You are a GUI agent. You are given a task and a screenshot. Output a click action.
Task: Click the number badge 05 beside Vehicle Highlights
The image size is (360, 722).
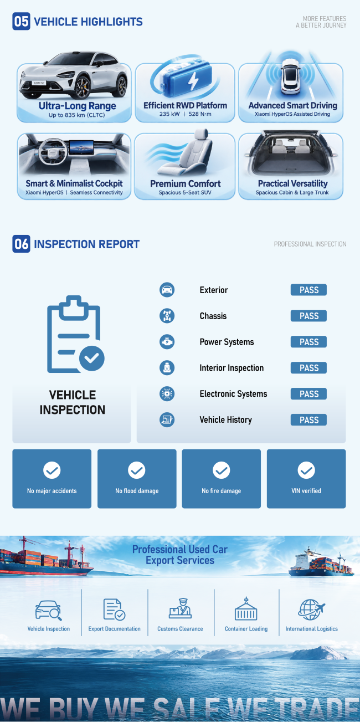click(21, 21)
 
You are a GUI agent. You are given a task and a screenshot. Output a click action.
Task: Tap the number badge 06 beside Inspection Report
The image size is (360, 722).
click(21, 244)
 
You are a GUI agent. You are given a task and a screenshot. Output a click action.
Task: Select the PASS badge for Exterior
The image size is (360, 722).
click(308, 290)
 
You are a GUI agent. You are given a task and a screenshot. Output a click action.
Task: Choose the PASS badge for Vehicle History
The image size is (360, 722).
click(308, 419)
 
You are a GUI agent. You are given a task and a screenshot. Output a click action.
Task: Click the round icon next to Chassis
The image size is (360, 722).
click(167, 315)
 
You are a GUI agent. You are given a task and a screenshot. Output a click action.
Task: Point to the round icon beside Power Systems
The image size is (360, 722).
click(167, 342)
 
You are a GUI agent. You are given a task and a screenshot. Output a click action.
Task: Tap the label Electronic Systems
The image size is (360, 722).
click(233, 393)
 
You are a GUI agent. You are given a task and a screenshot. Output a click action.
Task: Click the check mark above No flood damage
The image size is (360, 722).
click(137, 470)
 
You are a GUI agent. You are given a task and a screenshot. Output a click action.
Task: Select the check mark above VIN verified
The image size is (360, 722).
click(306, 470)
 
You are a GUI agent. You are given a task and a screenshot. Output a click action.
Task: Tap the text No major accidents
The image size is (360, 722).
click(52, 491)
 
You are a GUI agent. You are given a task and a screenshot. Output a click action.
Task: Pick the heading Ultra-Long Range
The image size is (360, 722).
click(78, 106)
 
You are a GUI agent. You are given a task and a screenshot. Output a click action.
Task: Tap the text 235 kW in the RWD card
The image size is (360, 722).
click(169, 114)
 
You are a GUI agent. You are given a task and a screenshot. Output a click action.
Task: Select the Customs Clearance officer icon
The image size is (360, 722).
click(180, 608)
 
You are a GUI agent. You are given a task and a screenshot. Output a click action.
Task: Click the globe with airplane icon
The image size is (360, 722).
click(311, 610)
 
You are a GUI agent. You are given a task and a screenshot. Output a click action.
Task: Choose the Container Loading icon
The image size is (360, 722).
click(246, 609)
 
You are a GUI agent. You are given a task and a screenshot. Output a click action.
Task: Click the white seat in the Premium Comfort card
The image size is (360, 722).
click(187, 153)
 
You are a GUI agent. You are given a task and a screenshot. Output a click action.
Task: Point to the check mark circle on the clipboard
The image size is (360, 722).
click(92, 358)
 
